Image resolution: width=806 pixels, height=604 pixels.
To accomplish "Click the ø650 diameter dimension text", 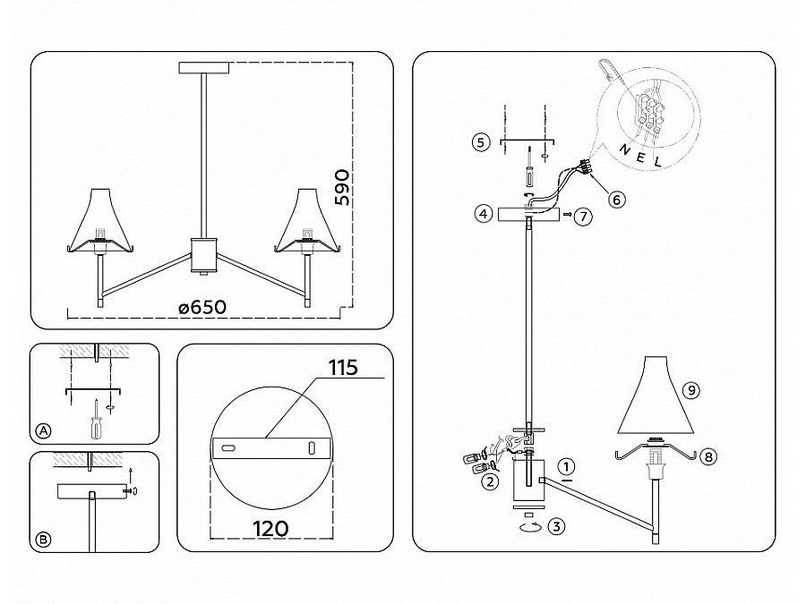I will [201, 307].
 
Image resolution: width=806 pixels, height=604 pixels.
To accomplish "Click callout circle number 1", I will [565, 466].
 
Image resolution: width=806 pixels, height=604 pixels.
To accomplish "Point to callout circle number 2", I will [489, 482].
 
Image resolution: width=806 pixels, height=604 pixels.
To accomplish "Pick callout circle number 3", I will [557, 526].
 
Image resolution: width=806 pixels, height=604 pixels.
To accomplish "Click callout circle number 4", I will [483, 215].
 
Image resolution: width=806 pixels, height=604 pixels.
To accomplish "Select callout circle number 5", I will [481, 142].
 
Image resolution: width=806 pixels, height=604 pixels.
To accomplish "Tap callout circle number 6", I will [615, 200].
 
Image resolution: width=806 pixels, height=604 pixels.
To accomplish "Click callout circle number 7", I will [582, 216].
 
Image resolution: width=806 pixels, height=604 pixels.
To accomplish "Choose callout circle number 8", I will [709, 456].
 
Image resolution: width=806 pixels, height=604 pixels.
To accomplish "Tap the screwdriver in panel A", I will [95, 419].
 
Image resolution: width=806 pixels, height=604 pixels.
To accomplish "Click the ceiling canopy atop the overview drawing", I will [205, 67].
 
